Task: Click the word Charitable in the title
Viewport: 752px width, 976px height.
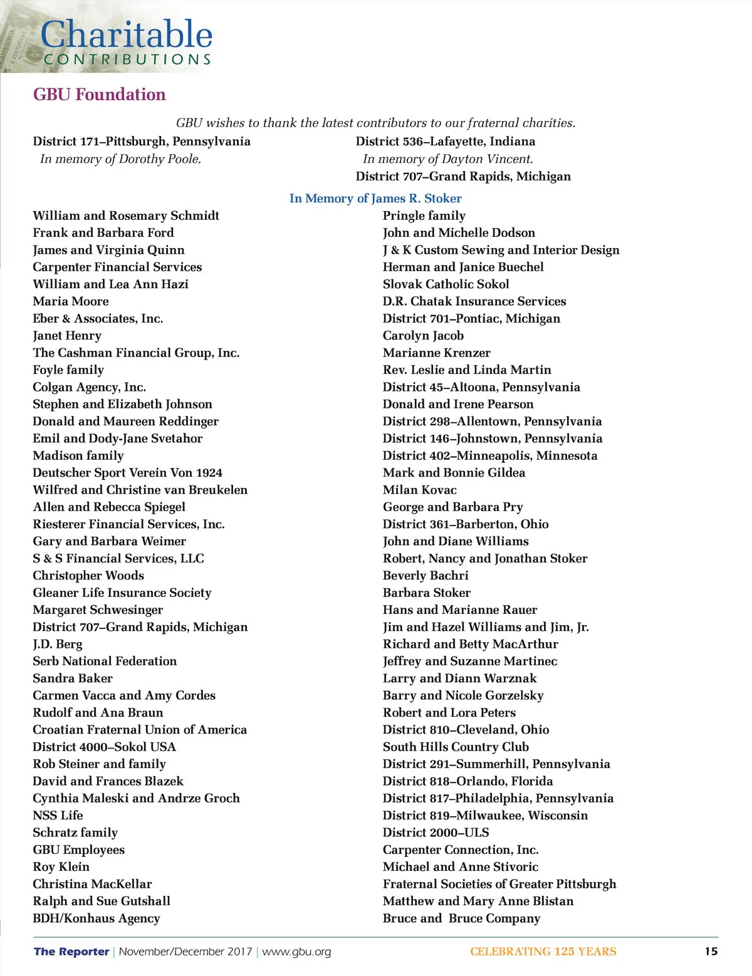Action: pos(127,34)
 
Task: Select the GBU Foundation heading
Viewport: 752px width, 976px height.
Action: pos(100,95)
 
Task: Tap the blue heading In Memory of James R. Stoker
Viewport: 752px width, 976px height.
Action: pos(375,199)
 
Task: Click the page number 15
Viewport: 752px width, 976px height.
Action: pos(711,952)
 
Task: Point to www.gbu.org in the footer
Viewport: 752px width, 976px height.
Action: pos(296,952)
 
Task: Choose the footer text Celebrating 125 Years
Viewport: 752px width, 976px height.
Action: pos(543,952)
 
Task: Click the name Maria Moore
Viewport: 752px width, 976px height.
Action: pos(71,301)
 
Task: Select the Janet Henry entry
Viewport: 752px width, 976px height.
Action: pos(67,336)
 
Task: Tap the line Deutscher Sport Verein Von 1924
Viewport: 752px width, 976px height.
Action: pos(127,473)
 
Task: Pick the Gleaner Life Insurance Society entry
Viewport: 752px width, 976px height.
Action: pos(122,593)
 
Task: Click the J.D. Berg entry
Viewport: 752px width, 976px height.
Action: pos(58,644)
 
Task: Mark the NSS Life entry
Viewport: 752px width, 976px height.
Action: pos(58,816)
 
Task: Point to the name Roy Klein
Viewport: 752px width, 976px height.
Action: pos(61,867)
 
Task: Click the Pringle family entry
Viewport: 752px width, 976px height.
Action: pos(424,215)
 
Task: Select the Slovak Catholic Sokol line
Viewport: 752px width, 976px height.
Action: pos(446,284)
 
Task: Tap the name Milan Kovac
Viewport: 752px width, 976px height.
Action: pos(420,490)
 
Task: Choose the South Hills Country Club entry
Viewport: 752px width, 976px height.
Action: pos(456,747)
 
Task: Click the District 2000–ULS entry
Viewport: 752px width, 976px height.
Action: pos(436,833)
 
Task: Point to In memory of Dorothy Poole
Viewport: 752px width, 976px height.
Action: pos(120,159)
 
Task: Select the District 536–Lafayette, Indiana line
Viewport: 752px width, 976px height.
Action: pos(446,142)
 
